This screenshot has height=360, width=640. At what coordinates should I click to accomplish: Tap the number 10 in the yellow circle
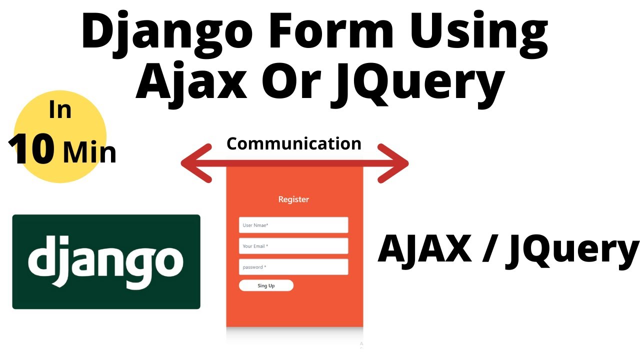(32, 150)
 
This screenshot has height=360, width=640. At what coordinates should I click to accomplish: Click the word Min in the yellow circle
(89, 152)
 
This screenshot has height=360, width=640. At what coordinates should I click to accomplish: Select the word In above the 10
(60, 110)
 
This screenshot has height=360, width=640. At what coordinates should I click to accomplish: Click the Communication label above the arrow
(294, 144)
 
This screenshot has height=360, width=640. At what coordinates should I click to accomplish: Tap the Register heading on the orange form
(293, 199)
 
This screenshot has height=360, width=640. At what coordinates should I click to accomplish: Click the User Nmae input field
(293, 225)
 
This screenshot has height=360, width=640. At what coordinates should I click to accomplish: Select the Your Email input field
(293, 246)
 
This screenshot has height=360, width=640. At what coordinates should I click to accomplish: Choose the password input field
(293, 267)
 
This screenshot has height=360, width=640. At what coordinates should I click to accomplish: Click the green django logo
(106, 261)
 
